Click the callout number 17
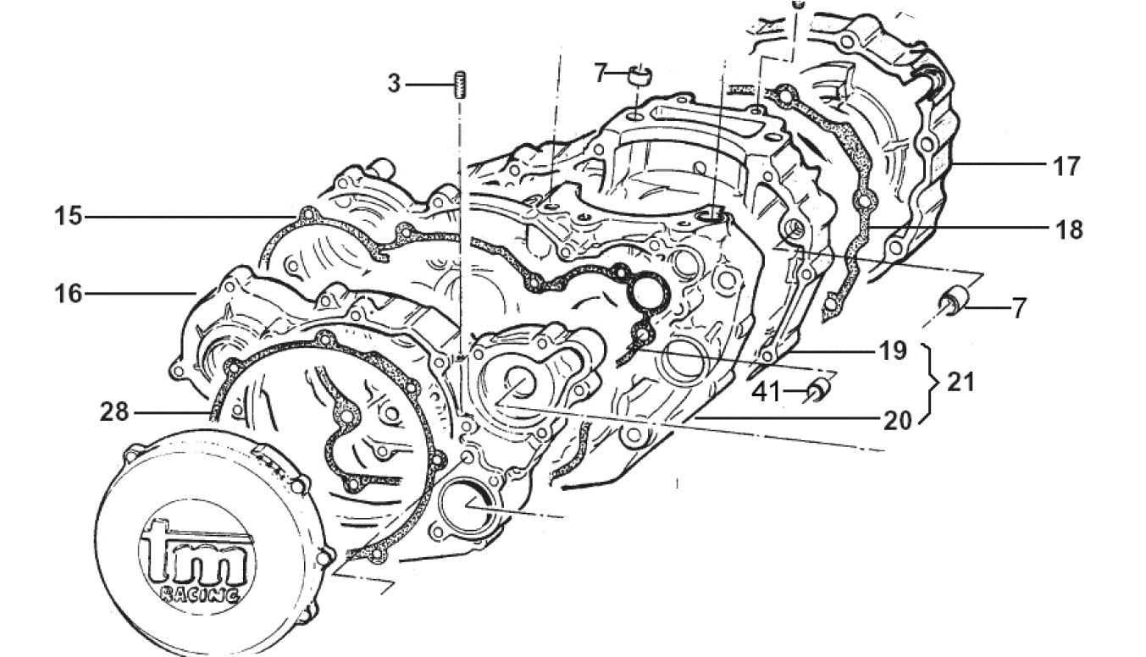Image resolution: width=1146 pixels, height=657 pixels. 1066,166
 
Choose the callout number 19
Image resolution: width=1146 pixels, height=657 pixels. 891,350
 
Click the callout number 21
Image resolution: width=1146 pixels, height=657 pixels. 961,383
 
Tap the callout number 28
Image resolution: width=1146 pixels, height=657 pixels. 113,412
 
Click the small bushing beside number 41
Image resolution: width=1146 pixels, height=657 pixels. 817,390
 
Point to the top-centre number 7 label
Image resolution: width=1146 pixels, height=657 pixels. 601,74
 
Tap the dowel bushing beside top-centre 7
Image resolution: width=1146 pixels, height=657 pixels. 639,76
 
